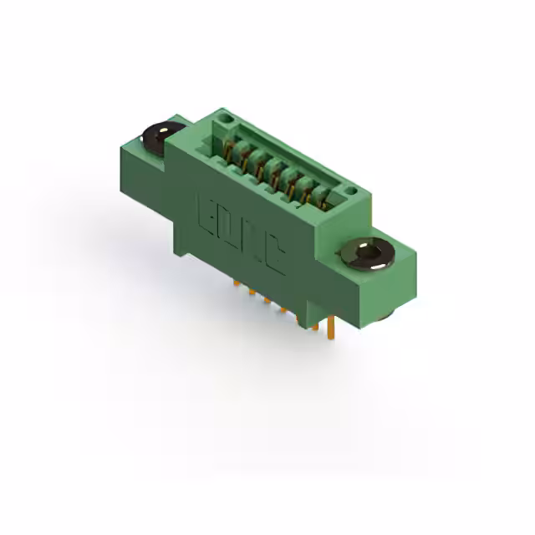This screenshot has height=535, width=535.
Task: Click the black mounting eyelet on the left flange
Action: click(x=161, y=134)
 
